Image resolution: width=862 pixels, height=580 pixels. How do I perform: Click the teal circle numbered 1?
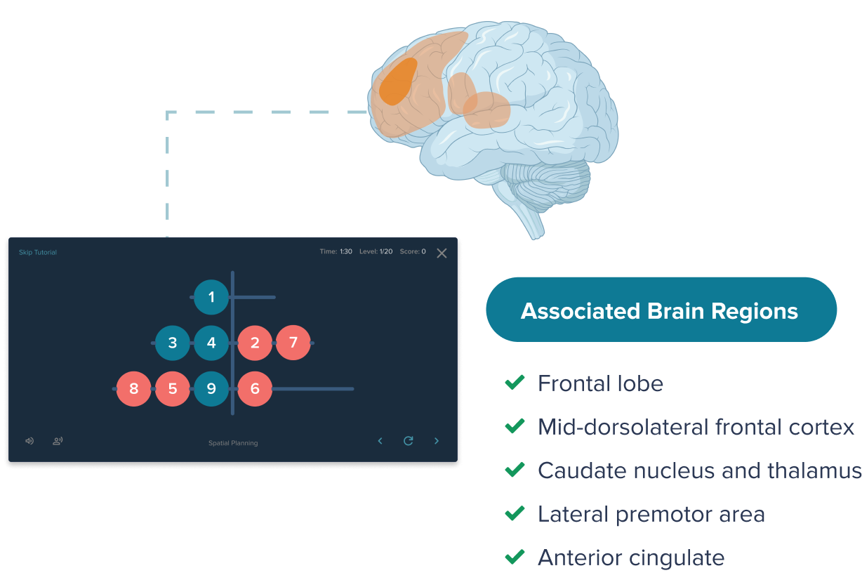coord(211,297)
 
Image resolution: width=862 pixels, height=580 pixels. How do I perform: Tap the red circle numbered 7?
coord(293,343)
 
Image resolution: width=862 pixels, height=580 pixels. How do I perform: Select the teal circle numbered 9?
coord(211,388)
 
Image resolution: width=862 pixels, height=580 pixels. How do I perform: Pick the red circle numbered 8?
coord(133,388)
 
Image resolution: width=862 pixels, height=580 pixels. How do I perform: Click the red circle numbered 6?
coord(255,388)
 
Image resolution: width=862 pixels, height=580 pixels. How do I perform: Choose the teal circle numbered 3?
coord(173,343)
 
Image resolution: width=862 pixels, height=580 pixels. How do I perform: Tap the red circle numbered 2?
coord(255,343)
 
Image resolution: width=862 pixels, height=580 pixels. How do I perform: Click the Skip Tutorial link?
coord(38,252)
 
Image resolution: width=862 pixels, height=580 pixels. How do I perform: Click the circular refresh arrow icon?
coord(408,441)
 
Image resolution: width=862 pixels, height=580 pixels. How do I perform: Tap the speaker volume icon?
coord(29,441)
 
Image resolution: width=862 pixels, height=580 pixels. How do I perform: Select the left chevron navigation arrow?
coord(380,441)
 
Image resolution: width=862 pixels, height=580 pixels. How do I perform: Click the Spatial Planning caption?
coord(233,443)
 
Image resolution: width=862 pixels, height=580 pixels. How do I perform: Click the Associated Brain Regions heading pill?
coord(660,310)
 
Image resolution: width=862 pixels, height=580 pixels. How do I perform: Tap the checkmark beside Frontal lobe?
coord(515,383)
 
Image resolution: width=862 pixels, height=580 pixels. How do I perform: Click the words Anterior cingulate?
coord(630,558)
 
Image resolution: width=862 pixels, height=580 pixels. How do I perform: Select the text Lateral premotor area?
coord(651,514)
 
